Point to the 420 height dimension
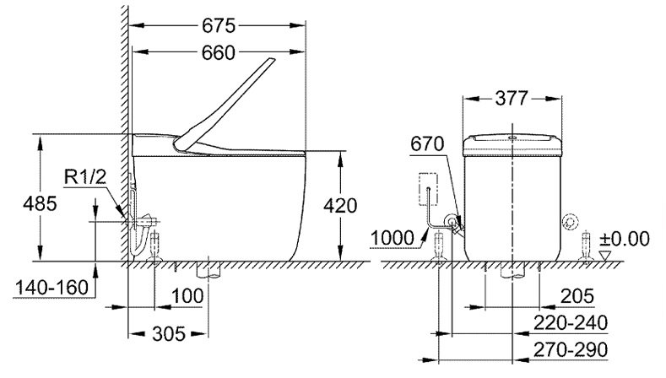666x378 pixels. point(340,205)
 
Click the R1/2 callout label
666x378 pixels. point(87,176)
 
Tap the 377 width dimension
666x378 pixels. point(512,99)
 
